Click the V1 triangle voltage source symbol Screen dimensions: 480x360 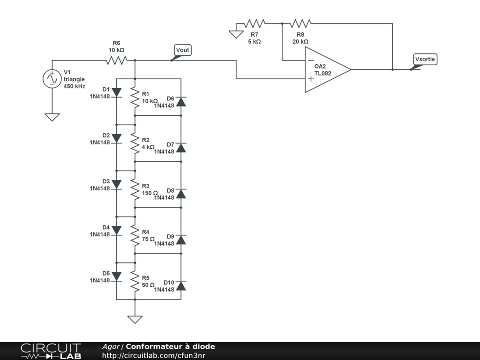click(x=52, y=79)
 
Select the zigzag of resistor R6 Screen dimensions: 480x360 click(x=117, y=60)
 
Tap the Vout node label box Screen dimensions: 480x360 click(x=183, y=50)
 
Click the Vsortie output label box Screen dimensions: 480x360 click(x=425, y=59)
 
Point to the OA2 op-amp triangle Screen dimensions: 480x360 click(x=328, y=70)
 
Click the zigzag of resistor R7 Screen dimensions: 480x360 click(x=255, y=23)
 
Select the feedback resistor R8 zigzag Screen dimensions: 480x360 click(x=300, y=23)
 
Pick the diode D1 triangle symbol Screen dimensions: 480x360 click(x=117, y=92)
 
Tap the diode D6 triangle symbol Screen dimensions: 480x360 click(x=181, y=102)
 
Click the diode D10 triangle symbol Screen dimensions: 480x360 click(x=181, y=285)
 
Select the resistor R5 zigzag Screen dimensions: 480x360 click(x=135, y=281)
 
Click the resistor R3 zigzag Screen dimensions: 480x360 click(x=135, y=189)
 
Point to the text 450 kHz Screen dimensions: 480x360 click(x=75, y=86)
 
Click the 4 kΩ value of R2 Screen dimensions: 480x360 click(x=148, y=147)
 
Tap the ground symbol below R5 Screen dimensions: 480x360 click(x=135, y=320)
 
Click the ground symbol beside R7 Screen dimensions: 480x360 click(x=236, y=34)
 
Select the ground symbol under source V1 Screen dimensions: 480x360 click(x=52, y=117)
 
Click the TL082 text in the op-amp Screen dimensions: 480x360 click(x=322, y=74)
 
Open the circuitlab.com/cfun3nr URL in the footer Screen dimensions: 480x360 click(x=154, y=355)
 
